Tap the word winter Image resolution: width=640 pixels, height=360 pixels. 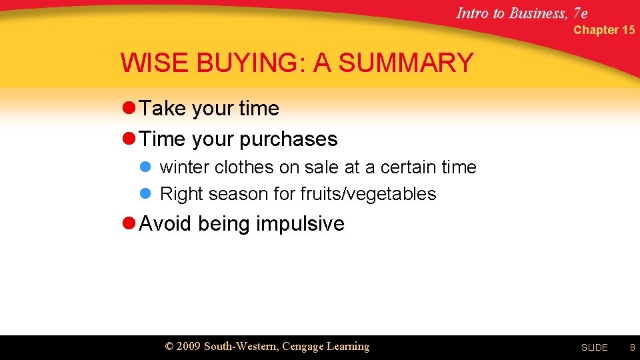point(185,167)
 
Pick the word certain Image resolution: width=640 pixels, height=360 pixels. point(408,167)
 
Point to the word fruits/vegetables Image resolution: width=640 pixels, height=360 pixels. point(368,194)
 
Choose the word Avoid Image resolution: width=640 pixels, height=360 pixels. point(165,223)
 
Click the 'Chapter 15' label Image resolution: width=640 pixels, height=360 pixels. point(604,30)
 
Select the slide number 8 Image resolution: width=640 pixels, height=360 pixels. point(632,347)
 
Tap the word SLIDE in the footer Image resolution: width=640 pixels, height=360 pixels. point(594,347)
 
